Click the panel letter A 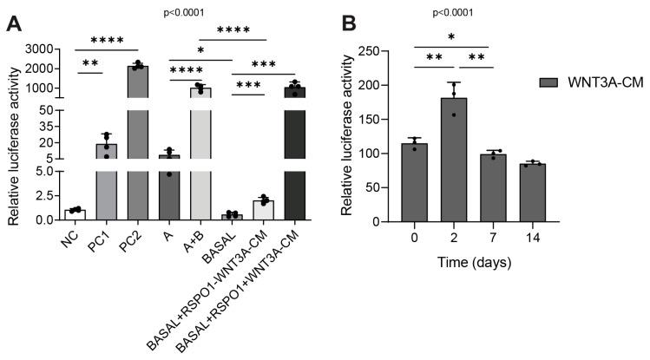pos(15,23)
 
